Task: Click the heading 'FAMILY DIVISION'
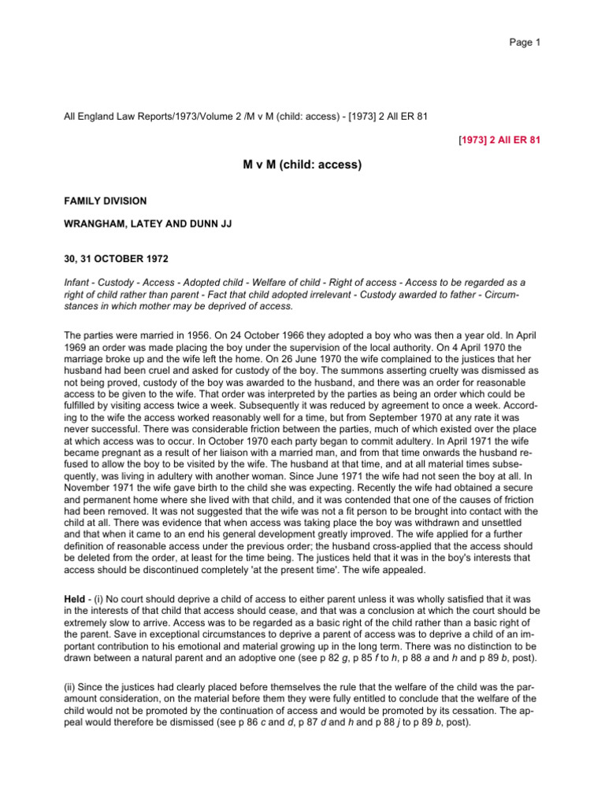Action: click(105, 201)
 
